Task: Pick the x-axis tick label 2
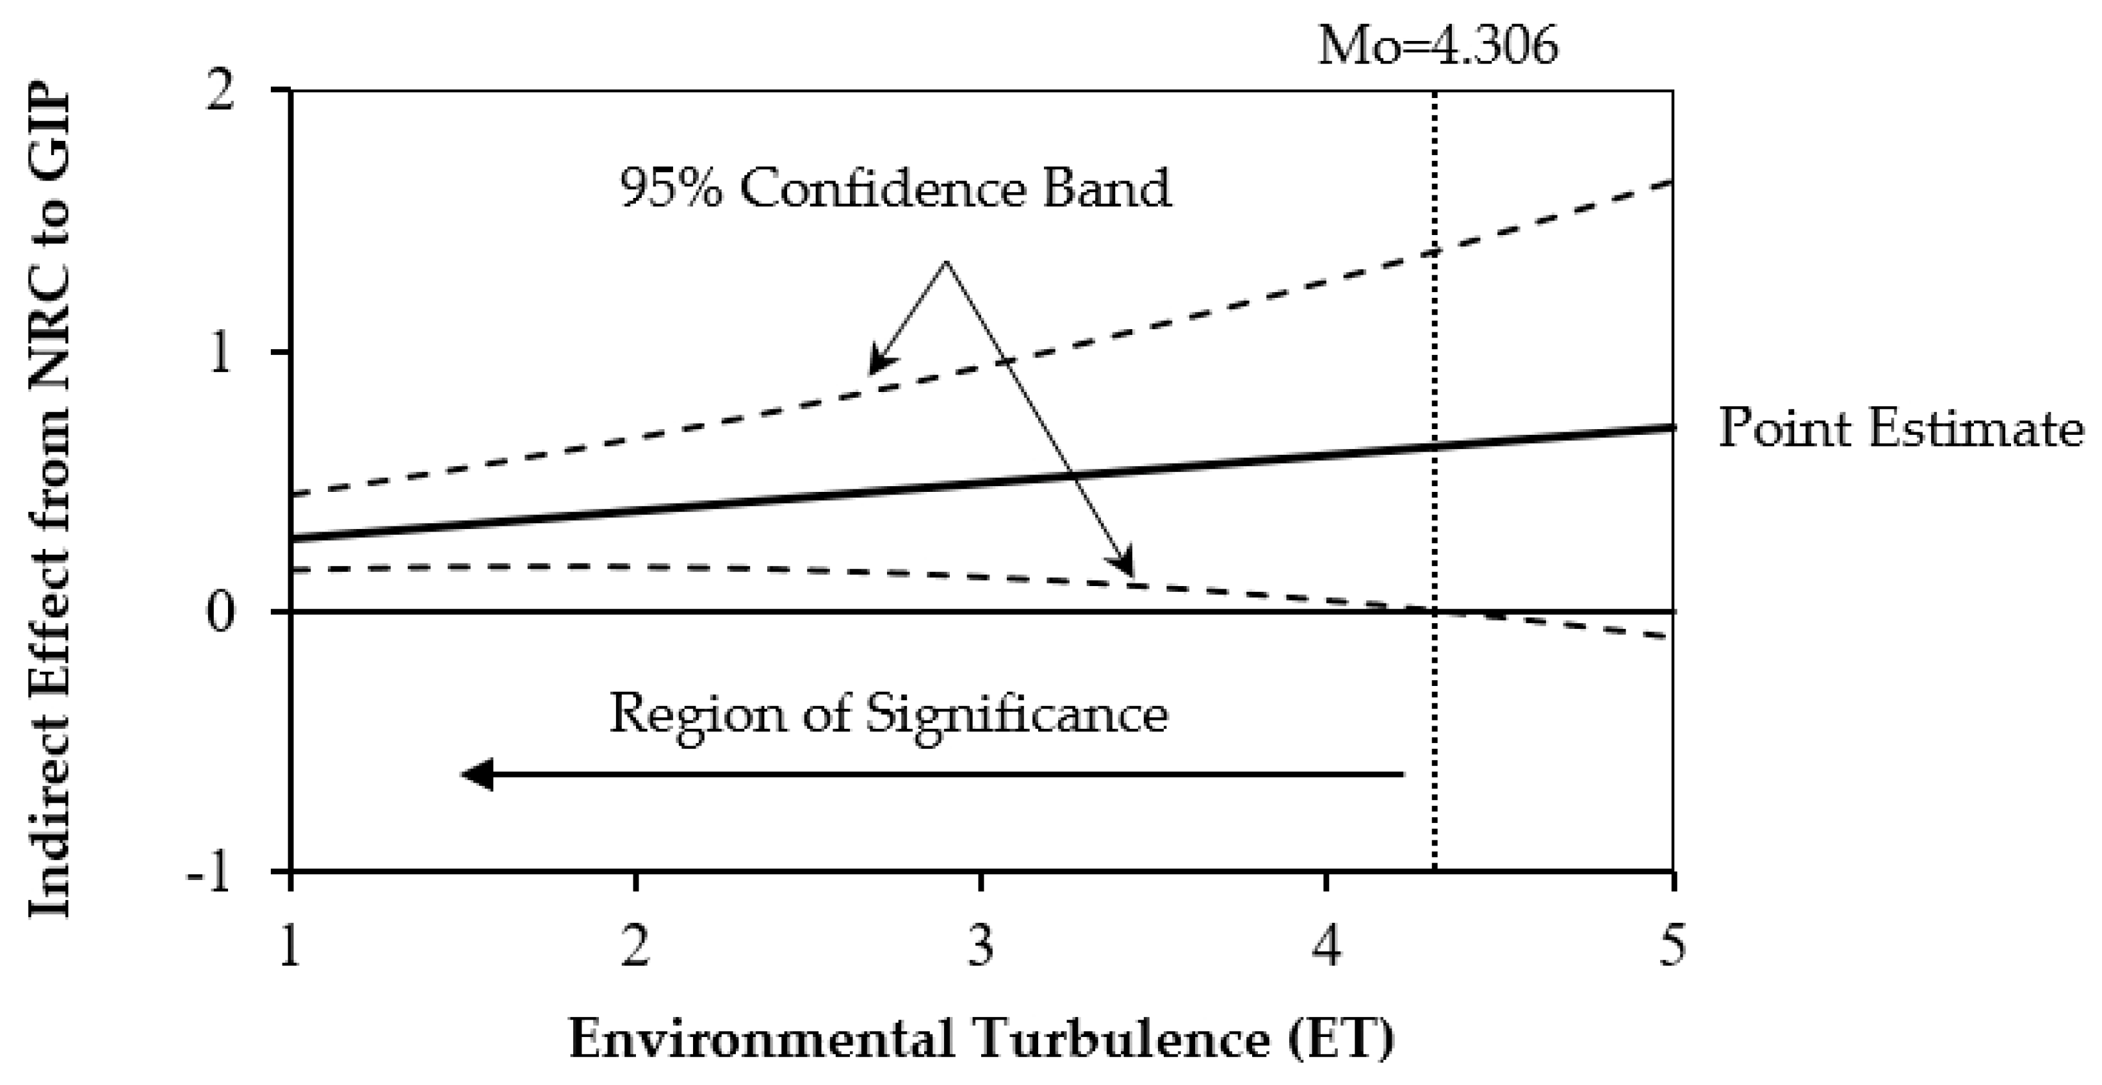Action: tap(635, 947)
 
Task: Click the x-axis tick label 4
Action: tap(1328, 947)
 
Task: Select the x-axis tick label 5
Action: tap(1672, 947)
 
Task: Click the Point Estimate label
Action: tap(1900, 427)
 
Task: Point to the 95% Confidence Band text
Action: tap(895, 189)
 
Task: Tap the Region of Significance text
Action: tap(888, 715)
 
